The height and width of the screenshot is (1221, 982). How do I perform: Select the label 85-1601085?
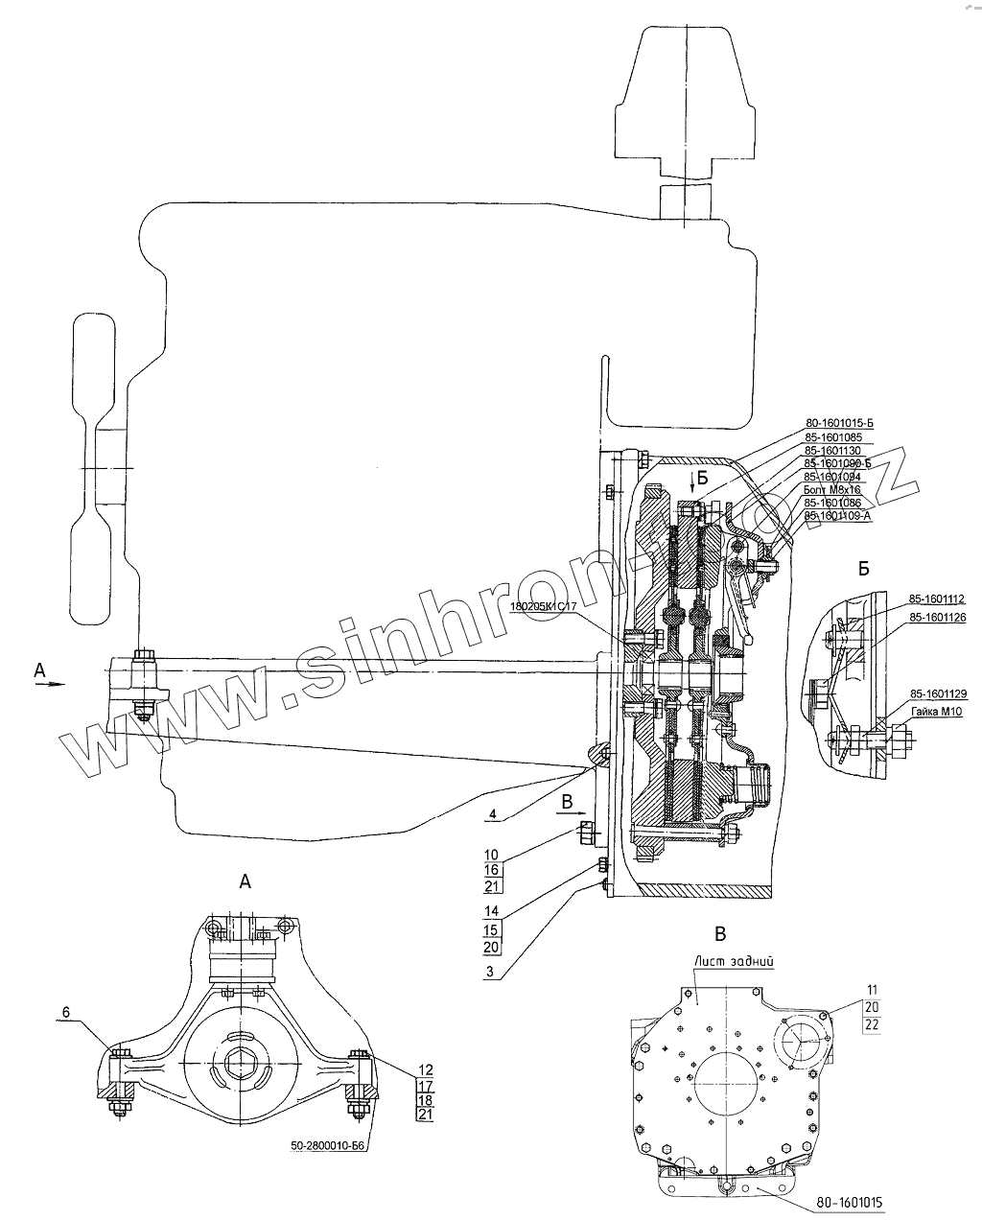click(x=833, y=436)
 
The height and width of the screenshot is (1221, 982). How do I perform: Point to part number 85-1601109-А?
click(x=837, y=516)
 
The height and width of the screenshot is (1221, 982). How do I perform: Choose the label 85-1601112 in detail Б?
click(x=937, y=598)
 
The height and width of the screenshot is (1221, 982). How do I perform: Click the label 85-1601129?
click(x=937, y=693)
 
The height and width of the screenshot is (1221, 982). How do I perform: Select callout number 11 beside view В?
click(x=871, y=989)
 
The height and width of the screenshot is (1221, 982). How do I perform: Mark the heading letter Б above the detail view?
click(x=863, y=569)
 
